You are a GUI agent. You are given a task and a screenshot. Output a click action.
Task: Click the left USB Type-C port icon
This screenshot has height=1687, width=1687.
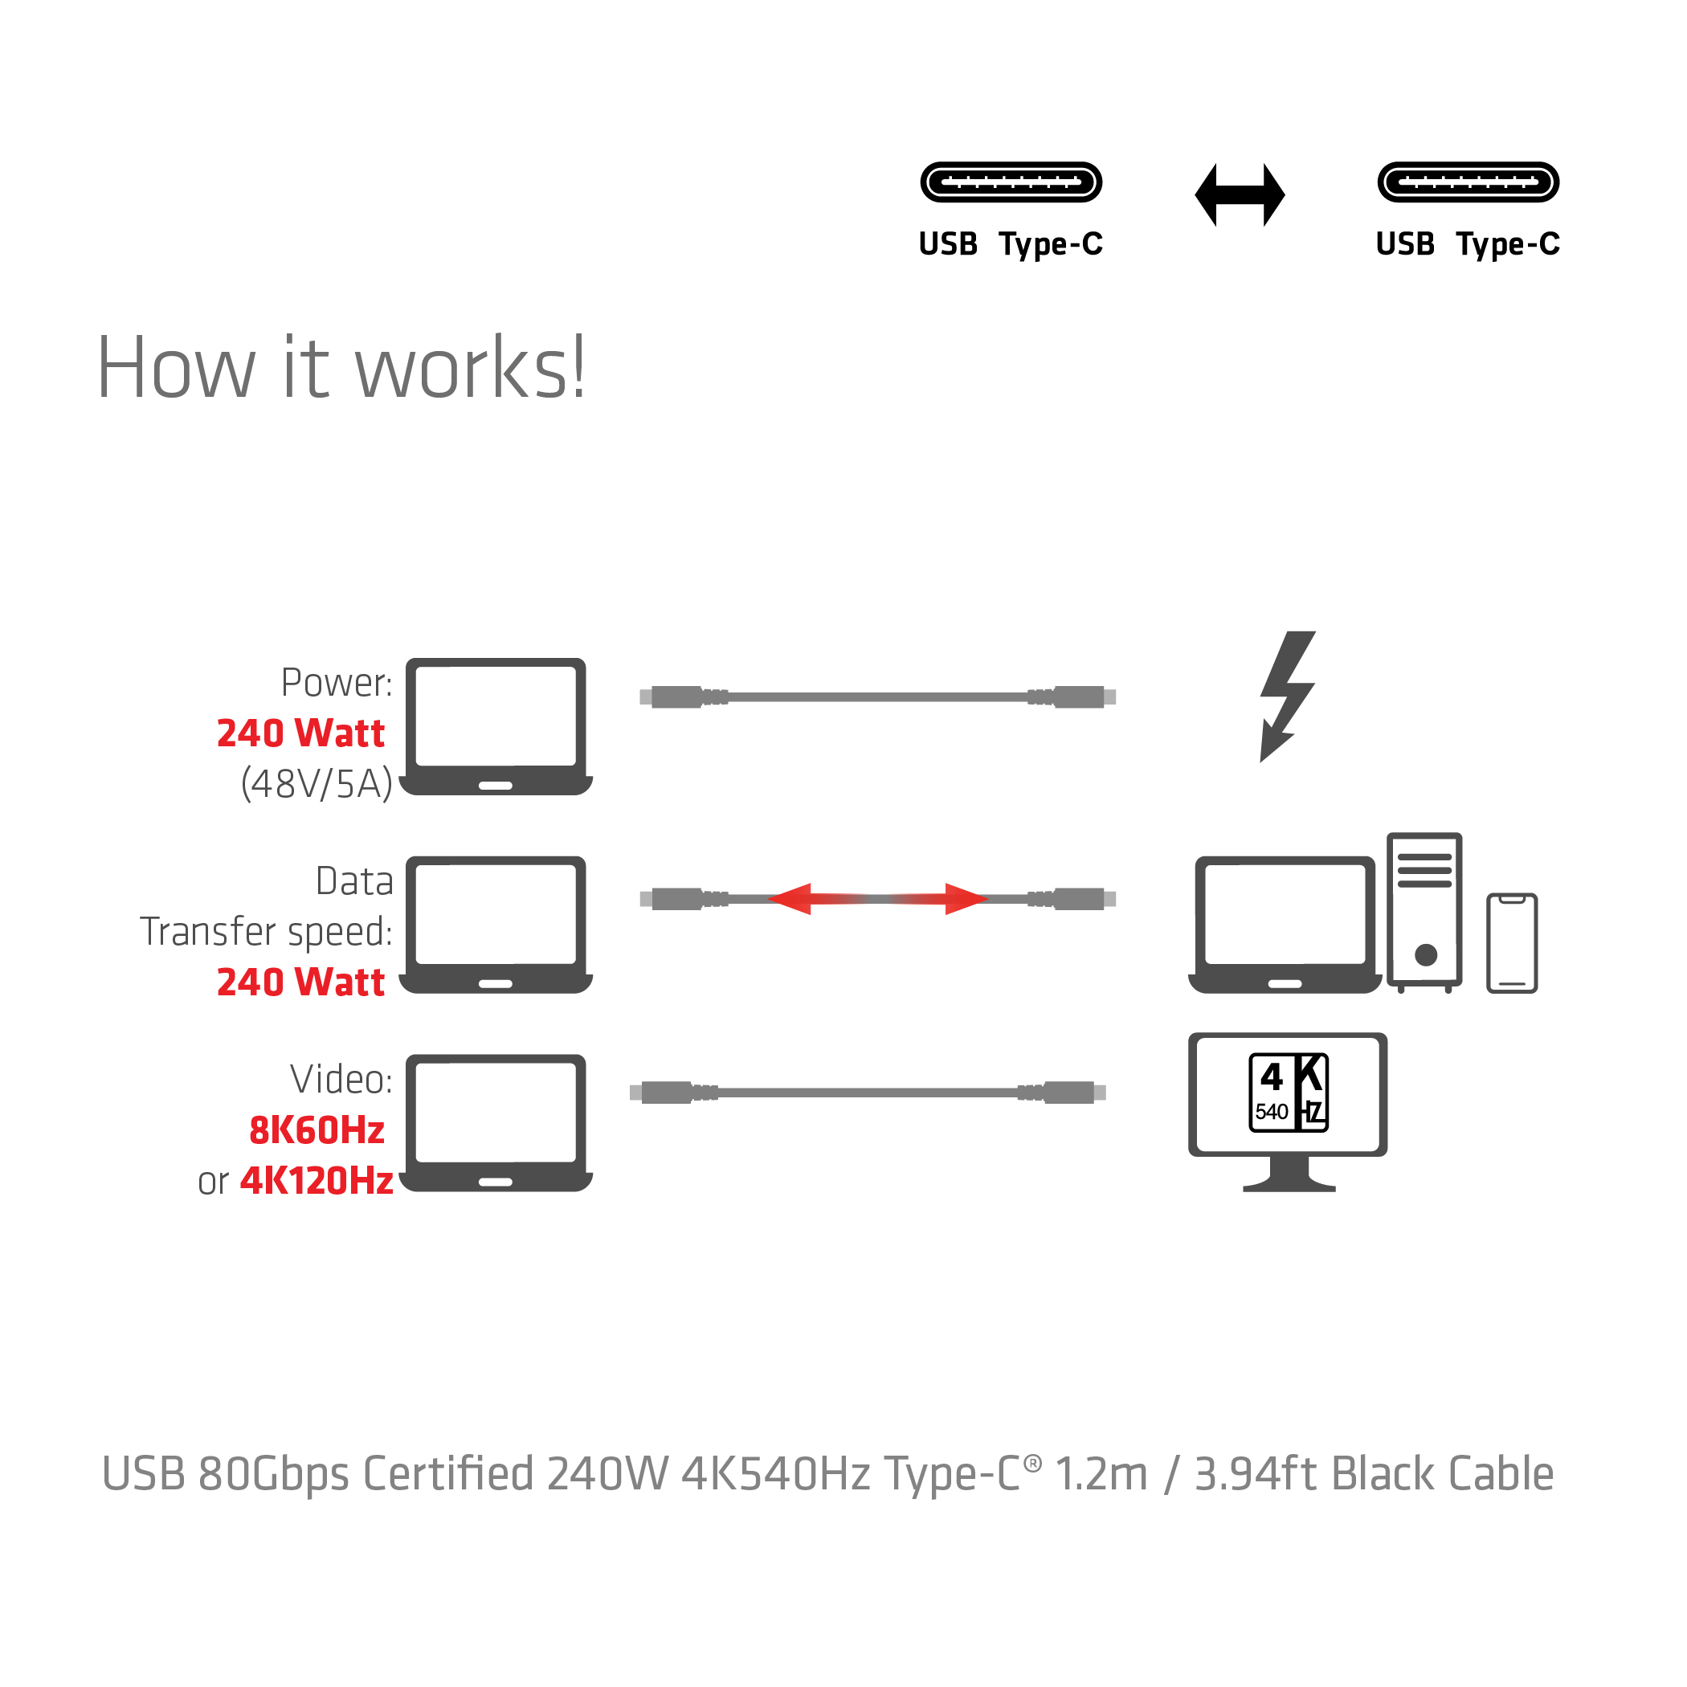click(1011, 182)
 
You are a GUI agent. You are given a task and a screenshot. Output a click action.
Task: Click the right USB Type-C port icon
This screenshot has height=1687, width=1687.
click(1468, 182)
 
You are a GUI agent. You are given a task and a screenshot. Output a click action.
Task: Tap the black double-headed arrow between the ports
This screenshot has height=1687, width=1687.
click(1239, 194)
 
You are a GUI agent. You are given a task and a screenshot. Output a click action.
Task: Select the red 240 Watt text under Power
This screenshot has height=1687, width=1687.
click(300, 733)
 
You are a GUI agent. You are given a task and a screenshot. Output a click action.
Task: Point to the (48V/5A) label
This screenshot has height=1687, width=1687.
click(316, 783)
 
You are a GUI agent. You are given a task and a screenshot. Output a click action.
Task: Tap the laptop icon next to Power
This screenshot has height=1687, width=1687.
click(495, 725)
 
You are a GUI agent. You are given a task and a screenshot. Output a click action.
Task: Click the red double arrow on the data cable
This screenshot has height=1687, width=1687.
click(876, 898)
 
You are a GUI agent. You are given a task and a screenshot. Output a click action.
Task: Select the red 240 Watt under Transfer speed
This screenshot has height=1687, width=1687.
click(300, 982)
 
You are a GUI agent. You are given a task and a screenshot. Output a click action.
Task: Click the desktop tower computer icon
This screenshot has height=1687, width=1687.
click(1424, 911)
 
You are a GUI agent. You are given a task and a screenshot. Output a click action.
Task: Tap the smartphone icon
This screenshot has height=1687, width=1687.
click(1512, 942)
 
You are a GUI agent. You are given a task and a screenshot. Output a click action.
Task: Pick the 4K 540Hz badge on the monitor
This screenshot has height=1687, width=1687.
click(1288, 1093)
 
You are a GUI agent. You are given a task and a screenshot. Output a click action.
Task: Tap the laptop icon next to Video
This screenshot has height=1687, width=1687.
click(495, 1122)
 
